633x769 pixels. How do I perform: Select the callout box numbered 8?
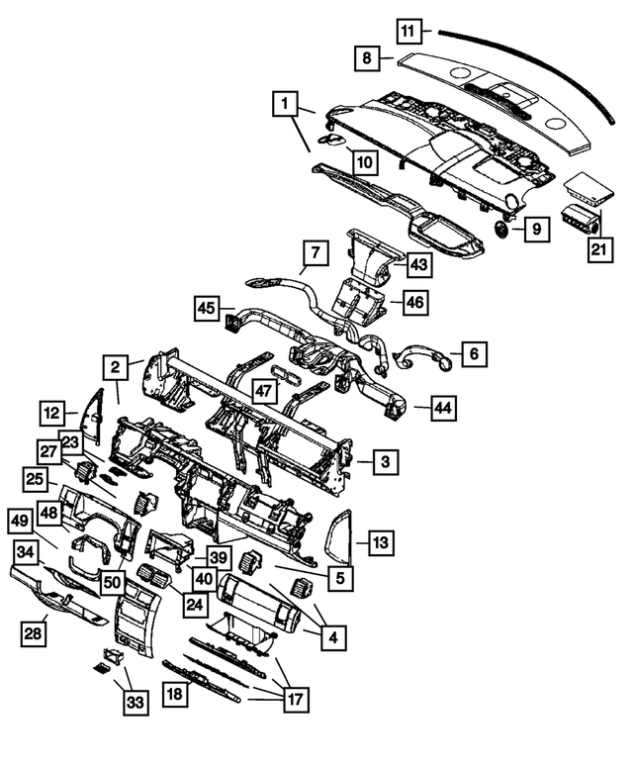coord(366,59)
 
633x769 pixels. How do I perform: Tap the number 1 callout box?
coord(284,103)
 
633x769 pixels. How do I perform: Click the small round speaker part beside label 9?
coord(502,230)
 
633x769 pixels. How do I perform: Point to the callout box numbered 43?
coord(419,265)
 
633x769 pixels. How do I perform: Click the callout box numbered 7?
coord(313,253)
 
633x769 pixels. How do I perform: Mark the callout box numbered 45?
coord(206,310)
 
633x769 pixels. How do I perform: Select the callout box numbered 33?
coord(134,703)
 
